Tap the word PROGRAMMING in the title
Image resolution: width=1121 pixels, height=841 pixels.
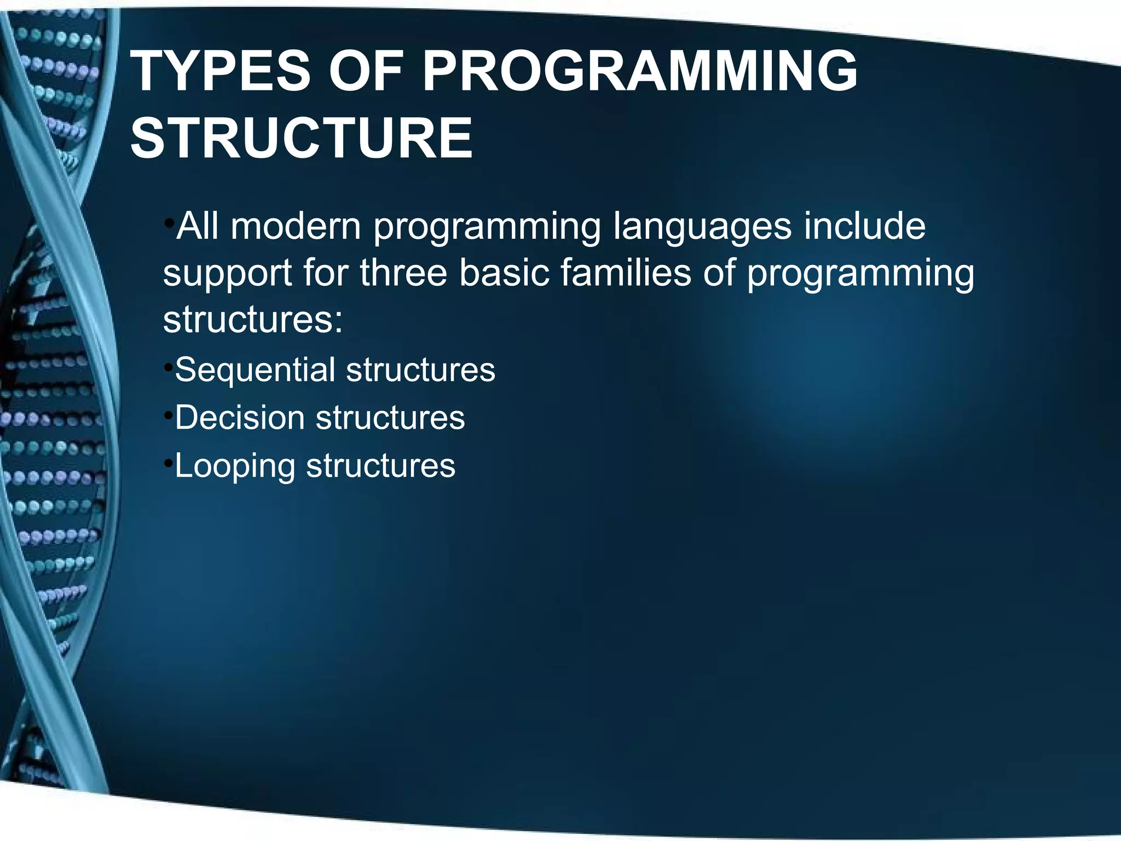pos(640,71)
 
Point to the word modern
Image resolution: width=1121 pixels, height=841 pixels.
pos(296,226)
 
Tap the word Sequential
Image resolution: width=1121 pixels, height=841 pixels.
pos(255,370)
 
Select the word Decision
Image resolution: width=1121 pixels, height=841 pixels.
pos(239,418)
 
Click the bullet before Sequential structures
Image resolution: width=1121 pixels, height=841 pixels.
pos(169,365)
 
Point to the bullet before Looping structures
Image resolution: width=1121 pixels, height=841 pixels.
pos(169,462)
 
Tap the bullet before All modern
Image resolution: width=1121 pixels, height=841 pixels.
pos(170,222)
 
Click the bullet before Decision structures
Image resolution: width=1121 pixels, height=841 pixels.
pos(169,413)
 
